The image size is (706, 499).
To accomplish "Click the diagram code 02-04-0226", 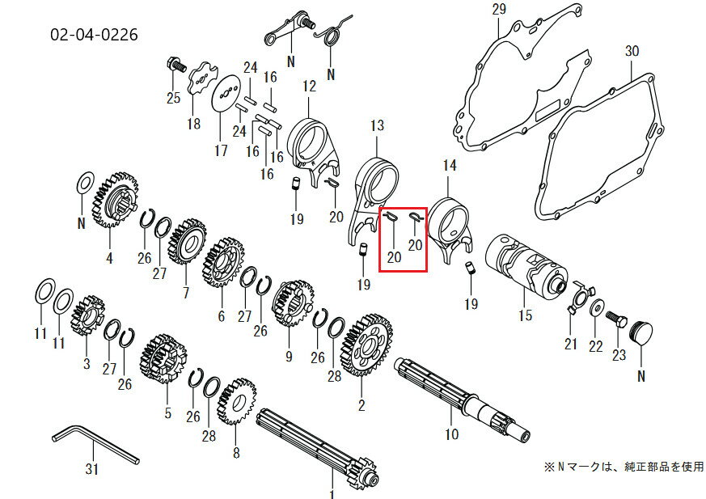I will pos(94,35).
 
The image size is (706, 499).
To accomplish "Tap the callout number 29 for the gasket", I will pos(498,10).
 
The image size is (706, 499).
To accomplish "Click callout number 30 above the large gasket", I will pos(632,50).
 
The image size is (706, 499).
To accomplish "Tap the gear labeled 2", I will pos(368,344).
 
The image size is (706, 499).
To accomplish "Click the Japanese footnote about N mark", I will pos(622,467).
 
